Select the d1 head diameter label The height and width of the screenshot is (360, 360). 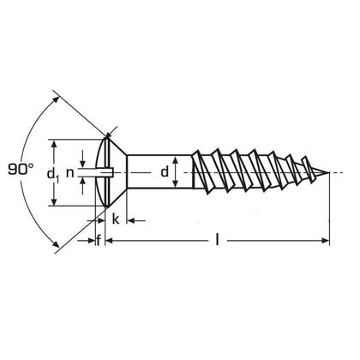click(53, 175)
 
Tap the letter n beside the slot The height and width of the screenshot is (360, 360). click(71, 175)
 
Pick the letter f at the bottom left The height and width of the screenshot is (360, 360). click(99, 241)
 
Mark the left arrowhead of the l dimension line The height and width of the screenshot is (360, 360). click(109, 242)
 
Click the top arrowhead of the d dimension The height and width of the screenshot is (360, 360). click(176, 157)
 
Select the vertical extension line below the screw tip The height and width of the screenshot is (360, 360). click(329, 214)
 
